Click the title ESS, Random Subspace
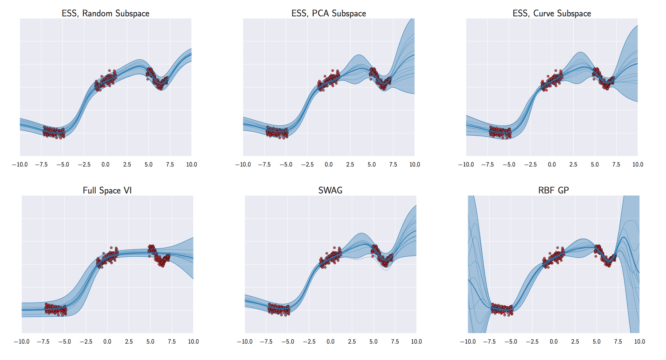[105, 13]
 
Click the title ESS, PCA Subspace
[329, 13]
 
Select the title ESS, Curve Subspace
[552, 13]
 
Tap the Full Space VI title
[107, 191]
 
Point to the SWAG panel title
[330, 190]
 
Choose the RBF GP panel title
[553, 190]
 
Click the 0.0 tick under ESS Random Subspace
[105, 165]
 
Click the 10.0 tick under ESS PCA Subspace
[414, 165]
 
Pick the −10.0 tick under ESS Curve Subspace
[466, 165]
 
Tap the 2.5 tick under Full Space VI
[129, 342]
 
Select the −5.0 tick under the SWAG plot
[287, 342]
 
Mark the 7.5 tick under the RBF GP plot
[618, 342]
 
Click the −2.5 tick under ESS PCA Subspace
[307, 165]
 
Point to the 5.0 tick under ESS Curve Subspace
[595, 165]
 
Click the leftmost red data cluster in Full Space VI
[56, 309]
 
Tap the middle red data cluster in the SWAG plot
[330, 258]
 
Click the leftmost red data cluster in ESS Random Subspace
[54, 132]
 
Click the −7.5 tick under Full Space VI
[43, 342]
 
